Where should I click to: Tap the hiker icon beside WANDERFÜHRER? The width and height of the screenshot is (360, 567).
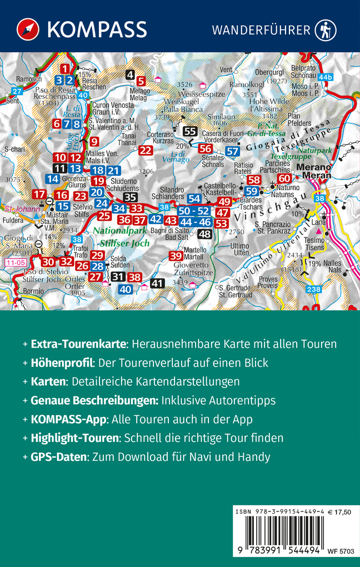[x=326, y=29]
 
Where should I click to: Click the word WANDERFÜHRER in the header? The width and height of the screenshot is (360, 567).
[x=261, y=29]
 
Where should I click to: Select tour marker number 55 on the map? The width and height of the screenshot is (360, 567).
[x=190, y=132]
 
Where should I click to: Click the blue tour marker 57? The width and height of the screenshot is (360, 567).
[x=233, y=151]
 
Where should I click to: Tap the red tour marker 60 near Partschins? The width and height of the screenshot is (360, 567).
[x=284, y=178]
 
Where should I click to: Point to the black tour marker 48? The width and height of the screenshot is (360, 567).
[x=205, y=234]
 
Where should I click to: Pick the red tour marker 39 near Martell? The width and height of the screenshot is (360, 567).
[x=176, y=256]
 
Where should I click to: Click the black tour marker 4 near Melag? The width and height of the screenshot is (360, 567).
[x=130, y=74]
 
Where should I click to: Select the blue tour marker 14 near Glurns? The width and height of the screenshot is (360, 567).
[x=53, y=178]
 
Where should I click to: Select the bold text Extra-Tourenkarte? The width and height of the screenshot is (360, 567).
[x=78, y=344]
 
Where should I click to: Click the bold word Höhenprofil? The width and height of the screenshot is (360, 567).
[x=61, y=363]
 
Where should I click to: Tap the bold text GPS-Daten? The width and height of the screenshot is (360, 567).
[x=58, y=457]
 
